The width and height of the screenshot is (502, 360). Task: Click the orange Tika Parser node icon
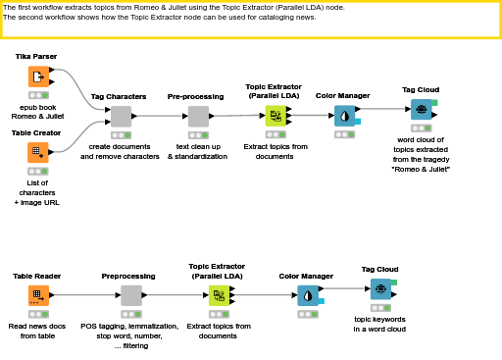click(x=38, y=77)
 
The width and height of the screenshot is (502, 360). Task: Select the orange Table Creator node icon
click(x=38, y=152)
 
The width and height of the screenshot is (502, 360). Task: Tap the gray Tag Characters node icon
click(x=121, y=117)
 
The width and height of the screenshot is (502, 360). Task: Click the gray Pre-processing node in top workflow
click(x=197, y=117)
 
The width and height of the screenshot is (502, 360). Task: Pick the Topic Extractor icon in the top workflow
click(x=276, y=117)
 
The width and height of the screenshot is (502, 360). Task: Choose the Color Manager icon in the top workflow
click(x=343, y=116)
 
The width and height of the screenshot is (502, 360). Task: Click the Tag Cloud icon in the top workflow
click(x=420, y=110)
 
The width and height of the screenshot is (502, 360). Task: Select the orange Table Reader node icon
click(x=38, y=295)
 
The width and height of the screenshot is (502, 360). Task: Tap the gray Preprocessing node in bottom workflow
click(x=130, y=295)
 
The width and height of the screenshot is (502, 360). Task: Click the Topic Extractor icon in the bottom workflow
click(x=219, y=295)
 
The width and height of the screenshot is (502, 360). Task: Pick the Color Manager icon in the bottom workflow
click(x=308, y=295)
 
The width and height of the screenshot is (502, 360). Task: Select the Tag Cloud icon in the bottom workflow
click(x=379, y=288)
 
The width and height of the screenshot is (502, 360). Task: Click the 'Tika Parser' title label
click(x=37, y=57)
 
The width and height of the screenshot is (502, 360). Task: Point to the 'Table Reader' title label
click(x=37, y=277)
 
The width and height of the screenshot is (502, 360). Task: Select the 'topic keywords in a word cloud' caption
click(x=379, y=324)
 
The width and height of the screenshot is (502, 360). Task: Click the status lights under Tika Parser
click(x=38, y=95)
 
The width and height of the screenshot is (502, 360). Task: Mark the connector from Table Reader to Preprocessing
click(x=83, y=295)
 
